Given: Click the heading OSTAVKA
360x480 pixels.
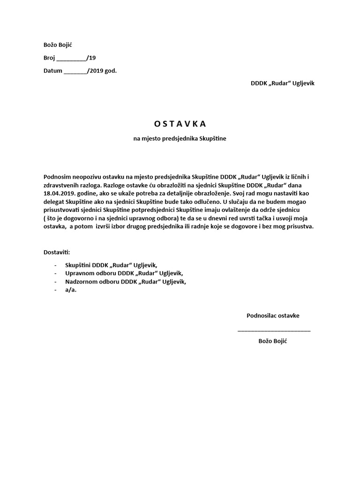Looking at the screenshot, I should pyautogui.click(x=180, y=124).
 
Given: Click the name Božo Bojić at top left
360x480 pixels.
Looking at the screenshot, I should pyautogui.click(x=58, y=45).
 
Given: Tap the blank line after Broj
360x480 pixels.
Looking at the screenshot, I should pyautogui.click(x=71, y=59).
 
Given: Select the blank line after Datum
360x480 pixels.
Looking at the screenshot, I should pyautogui.click(x=75, y=72).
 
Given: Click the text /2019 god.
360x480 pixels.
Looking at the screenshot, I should pyautogui.click(x=102, y=71).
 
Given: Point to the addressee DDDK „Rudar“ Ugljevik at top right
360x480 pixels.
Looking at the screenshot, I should pyautogui.click(x=282, y=83).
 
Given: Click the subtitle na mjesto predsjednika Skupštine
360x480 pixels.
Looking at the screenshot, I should pyautogui.click(x=180, y=139).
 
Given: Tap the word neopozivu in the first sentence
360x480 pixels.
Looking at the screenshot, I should pyautogui.click(x=89, y=176).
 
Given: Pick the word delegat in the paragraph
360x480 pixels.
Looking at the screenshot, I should pyautogui.click(x=54, y=201).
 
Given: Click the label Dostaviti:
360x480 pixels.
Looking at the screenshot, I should pyautogui.click(x=56, y=252).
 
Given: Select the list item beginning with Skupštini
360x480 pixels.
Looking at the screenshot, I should pyautogui.click(x=108, y=265).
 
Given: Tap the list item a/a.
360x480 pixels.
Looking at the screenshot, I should pyautogui.click(x=71, y=290).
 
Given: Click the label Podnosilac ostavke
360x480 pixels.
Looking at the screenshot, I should pyautogui.click(x=273, y=315).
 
